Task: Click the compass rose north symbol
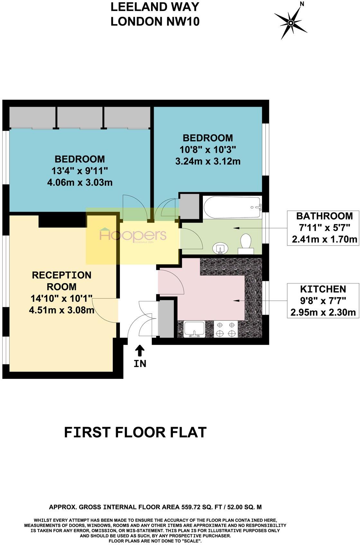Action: pyautogui.click(x=291, y=23)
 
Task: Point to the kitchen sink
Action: pyautogui.click(x=195, y=329)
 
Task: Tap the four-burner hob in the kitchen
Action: pyautogui.click(x=225, y=329)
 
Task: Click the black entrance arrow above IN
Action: pyautogui.click(x=140, y=350)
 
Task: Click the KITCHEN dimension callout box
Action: pyautogui.click(x=323, y=300)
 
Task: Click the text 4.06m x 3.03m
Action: pyautogui.click(x=80, y=183)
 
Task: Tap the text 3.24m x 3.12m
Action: pyautogui.click(x=208, y=161)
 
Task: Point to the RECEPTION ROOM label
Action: pyautogui.click(x=62, y=281)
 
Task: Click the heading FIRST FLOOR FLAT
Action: pyautogui.click(x=135, y=433)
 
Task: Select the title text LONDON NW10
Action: pyautogui.click(x=155, y=22)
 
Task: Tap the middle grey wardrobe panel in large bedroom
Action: pyautogui.click(x=80, y=117)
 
